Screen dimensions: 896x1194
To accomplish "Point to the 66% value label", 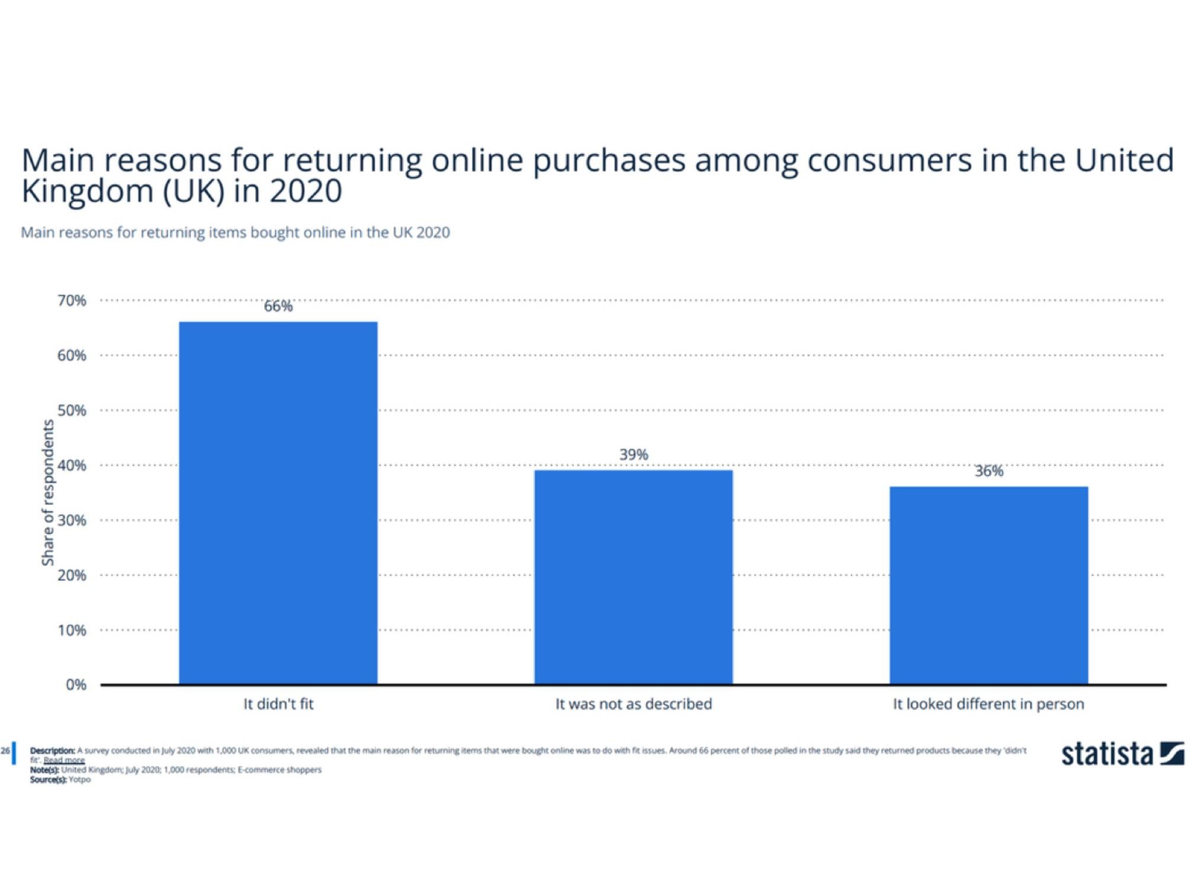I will coord(278,306).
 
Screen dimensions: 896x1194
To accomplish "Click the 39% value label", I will coord(633,455).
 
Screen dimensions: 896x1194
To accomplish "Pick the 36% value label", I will coord(988,471).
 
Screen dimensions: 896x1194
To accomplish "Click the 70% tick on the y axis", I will coord(72,300).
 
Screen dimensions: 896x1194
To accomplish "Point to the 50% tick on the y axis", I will coord(72,410).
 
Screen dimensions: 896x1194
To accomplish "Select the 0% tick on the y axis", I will coord(76,684).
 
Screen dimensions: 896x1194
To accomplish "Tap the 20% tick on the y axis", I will coord(72,575).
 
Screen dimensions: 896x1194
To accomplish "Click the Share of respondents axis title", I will coord(47,492).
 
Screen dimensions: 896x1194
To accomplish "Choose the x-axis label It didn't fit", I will coord(278,704).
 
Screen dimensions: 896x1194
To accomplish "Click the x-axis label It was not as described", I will coord(633,704).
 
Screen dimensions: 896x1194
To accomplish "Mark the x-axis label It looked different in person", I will coord(988,704).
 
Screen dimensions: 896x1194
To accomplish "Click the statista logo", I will coord(1121,754).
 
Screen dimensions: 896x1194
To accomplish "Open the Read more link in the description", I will coord(64,760).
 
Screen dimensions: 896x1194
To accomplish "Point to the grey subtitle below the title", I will coord(235,232).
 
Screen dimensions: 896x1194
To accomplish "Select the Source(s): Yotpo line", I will coord(60,780).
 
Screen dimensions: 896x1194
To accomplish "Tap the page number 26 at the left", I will coord(5,751).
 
